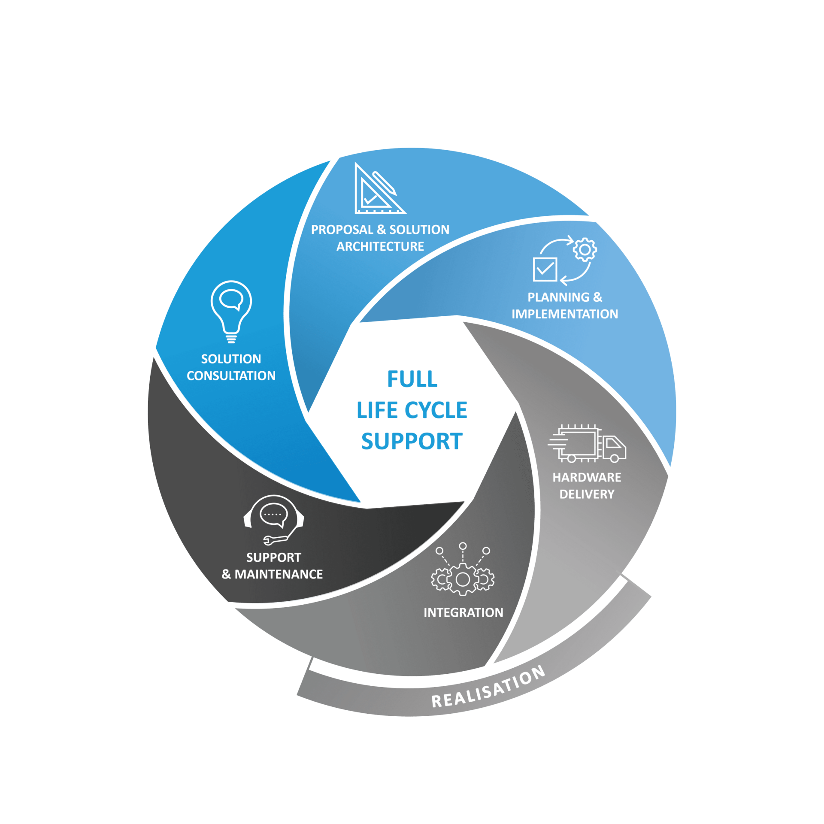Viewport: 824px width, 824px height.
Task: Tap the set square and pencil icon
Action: coord(378,191)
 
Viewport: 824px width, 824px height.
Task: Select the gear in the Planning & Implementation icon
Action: coord(585,250)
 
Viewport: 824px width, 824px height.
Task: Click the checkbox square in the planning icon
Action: coord(545,270)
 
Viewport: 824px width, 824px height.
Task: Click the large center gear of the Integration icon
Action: coord(463,580)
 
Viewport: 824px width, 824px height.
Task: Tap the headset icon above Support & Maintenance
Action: coord(273,517)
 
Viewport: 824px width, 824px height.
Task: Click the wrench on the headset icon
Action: coord(275,540)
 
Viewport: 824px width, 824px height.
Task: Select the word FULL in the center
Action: coord(412,379)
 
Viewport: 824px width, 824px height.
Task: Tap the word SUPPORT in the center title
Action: coord(412,442)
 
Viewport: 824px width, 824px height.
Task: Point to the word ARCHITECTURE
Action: coord(380,246)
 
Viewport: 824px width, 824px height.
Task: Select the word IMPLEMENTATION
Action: coord(565,314)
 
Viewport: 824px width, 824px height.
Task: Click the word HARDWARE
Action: coord(587,477)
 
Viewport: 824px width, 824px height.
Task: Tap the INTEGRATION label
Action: coord(463,613)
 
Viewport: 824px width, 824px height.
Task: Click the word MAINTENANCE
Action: coord(279,574)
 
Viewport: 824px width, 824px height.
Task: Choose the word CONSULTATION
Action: coord(231,376)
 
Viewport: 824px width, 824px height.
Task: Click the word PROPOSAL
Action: coord(342,230)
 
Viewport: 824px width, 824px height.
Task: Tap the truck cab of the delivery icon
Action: coord(614,448)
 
